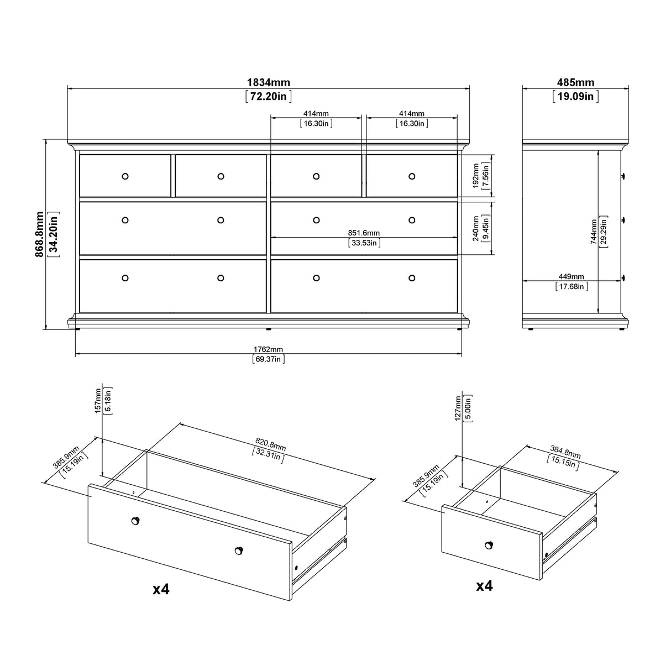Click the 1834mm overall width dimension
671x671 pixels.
coord(268,82)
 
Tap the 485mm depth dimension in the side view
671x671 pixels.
coord(575,82)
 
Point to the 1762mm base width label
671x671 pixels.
coord(268,349)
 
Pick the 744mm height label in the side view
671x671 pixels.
coord(593,232)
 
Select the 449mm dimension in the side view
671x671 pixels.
coord(572,276)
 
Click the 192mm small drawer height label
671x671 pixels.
coord(477,176)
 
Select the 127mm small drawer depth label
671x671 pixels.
coord(458,408)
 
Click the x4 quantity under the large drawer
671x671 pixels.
coord(160,590)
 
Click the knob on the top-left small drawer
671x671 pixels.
coord(125,176)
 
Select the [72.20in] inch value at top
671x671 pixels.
coord(268,96)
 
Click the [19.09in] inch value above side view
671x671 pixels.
coord(575,96)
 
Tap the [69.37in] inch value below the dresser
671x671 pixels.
coord(268,359)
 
